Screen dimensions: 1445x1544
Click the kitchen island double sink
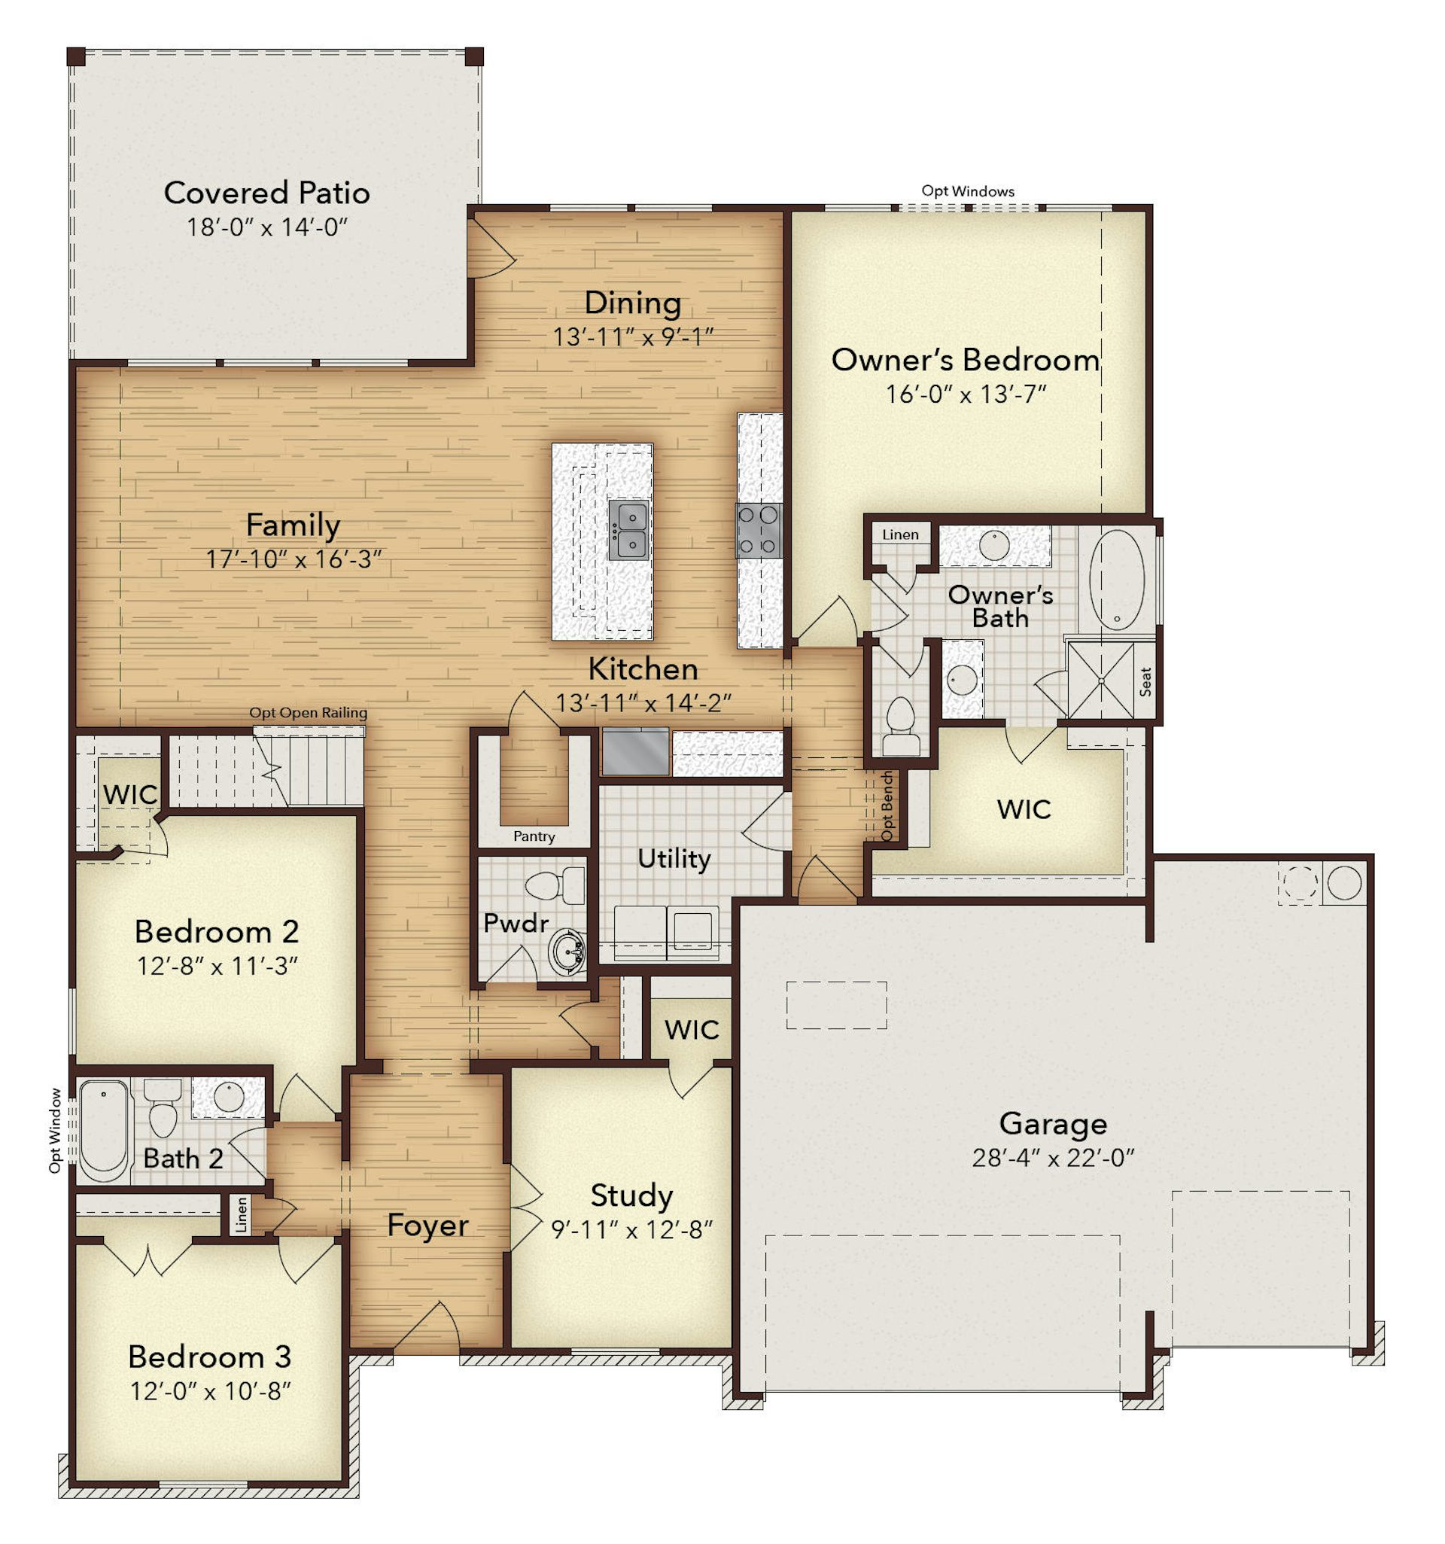[628, 529]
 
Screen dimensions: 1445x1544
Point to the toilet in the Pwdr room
[556, 885]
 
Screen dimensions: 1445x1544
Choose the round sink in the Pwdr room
[567, 951]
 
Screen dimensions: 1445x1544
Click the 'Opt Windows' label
[968, 191]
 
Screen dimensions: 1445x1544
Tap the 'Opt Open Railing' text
[309, 712]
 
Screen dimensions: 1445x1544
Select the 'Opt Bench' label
[887, 805]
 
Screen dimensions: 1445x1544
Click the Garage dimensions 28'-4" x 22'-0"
[1052, 1158]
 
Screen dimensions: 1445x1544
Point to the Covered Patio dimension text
[266, 227]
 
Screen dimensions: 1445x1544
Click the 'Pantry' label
[534, 836]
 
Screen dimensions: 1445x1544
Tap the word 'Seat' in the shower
[1145, 681]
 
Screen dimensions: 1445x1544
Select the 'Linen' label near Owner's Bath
[900, 534]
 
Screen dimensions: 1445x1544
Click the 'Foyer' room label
[427, 1226]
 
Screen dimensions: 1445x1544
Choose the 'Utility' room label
[674, 859]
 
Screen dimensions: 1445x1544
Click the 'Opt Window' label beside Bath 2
[54, 1130]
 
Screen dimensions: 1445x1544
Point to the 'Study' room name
[631, 1196]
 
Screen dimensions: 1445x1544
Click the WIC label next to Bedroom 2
[130, 794]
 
